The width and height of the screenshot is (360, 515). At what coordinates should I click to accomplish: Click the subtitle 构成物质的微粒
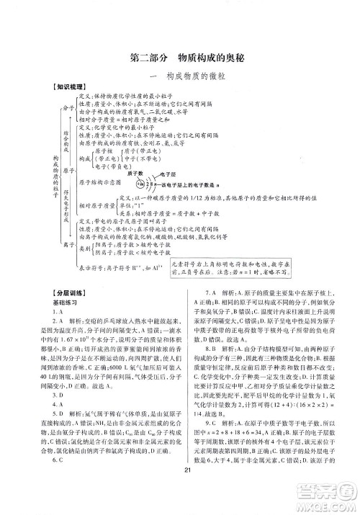179,77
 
